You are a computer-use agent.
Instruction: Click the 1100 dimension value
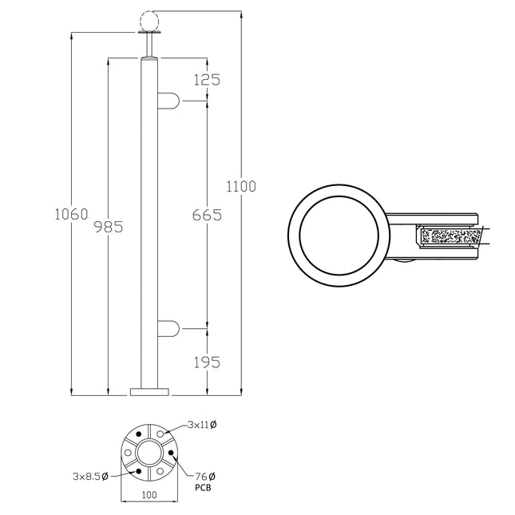coord(241,187)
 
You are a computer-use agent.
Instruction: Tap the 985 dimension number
coord(109,227)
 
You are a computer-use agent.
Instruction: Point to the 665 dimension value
coord(207,216)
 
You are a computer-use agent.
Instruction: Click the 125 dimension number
coord(206,79)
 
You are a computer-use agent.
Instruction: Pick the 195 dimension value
coord(207,362)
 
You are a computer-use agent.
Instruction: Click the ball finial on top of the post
coord(149,20)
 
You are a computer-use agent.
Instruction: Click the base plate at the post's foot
coord(149,391)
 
